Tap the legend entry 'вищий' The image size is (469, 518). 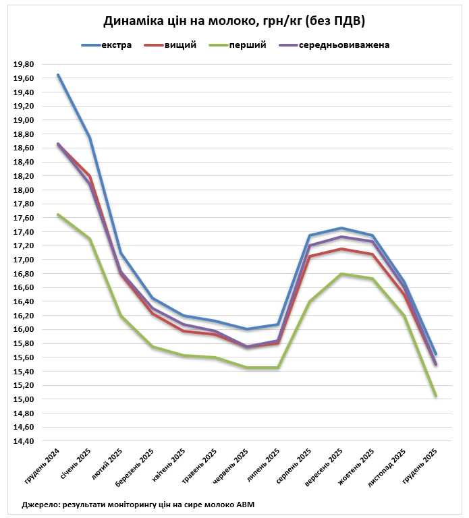pos(181,45)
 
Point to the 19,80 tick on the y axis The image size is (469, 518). pos(24,64)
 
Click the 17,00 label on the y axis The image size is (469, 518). pos(24,260)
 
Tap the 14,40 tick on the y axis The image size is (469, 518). pos(24,441)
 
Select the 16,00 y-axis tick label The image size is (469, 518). pos(24,330)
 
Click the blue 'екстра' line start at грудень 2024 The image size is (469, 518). pos(58,75)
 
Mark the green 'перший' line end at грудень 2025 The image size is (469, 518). pos(436,396)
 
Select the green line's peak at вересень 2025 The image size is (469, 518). pos(341,274)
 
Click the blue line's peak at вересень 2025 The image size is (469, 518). pos(341,228)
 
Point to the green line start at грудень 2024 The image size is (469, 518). pos(58,214)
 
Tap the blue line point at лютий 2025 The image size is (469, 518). pos(121,253)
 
